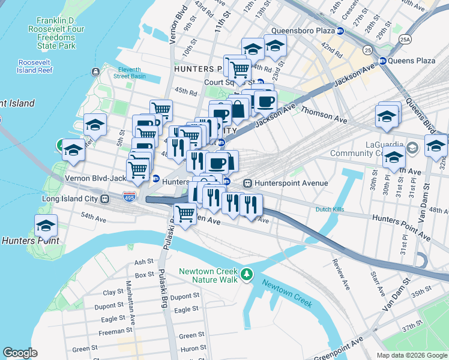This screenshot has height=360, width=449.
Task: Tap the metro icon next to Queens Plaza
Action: (x=382, y=61)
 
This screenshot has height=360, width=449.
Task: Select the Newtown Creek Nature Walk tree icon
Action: (x=246, y=275)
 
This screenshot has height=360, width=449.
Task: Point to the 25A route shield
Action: (x=406, y=39)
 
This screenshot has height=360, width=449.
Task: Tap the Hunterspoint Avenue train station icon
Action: (x=247, y=183)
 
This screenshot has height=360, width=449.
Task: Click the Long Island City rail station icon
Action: (x=104, y=199)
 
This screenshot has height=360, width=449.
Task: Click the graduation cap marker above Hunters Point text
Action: (x=46, y=226)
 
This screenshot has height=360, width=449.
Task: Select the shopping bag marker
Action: (x=238, y=109)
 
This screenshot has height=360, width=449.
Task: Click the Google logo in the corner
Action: (x=20, y=353)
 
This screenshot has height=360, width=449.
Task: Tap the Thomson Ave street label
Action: (x=324, y=115)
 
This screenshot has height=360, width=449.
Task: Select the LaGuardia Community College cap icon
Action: (x=412, y=147)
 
